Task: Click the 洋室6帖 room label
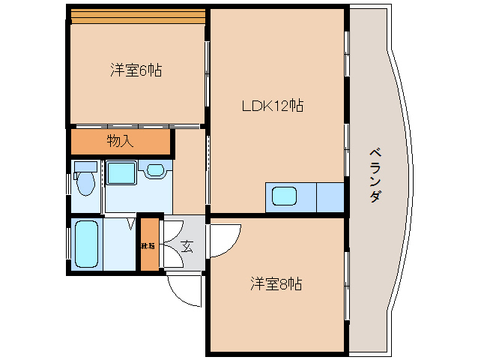136,70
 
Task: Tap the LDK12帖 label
272,106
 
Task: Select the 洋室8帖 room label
276,284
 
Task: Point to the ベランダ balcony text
375,175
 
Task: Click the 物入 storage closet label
120,140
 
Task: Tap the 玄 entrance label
185,245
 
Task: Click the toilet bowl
86,182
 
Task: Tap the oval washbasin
156,170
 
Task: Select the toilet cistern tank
86,166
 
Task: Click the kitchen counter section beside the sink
330,197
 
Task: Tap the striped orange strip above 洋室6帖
137,15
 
